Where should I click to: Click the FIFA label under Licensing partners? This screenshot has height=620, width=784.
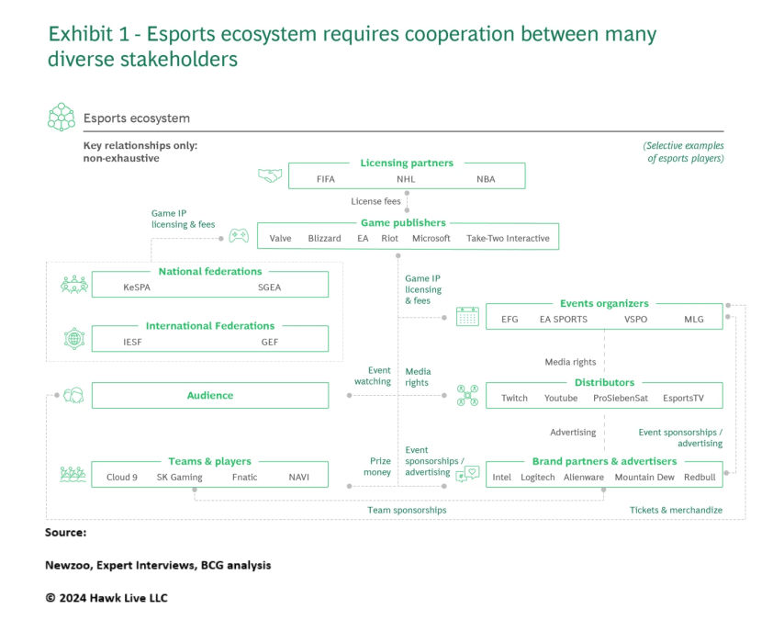325,179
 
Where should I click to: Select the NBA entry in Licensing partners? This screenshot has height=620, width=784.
486,179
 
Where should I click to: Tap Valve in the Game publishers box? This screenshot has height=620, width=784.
280,239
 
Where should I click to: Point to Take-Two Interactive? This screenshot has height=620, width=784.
508,239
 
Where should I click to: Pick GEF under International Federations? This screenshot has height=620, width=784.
269,343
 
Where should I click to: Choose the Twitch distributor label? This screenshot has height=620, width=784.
514,399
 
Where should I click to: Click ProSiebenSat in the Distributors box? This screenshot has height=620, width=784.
621,399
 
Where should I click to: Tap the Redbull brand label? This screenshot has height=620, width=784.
700,478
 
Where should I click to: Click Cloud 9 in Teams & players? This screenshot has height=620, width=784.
122,478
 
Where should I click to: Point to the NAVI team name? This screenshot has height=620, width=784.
299,478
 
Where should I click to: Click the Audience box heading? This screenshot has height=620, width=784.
210,396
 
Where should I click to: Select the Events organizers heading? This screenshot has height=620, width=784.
604,304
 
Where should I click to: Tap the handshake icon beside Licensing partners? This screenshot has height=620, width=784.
268,175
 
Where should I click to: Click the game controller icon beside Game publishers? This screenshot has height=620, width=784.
239,235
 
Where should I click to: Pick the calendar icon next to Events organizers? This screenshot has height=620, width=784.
468,317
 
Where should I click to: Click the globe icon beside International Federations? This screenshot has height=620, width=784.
73,337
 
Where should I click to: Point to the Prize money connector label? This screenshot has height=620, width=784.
380,467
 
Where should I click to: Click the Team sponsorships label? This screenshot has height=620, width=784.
407,510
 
